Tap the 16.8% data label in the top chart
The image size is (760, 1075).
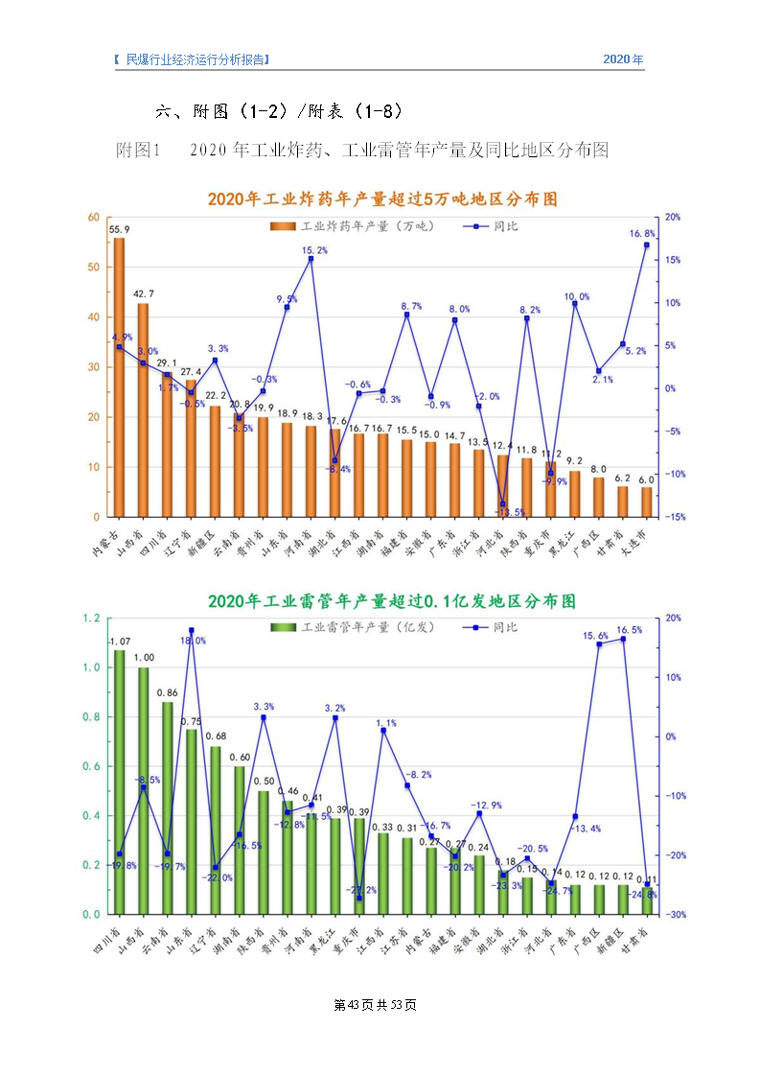(642, 233)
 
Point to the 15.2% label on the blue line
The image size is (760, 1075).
(315, 250)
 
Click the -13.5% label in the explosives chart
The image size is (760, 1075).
(513, 512)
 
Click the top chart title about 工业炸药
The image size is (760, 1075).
(382, 199)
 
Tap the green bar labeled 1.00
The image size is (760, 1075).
(144, 790)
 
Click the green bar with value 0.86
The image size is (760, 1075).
(168, 807)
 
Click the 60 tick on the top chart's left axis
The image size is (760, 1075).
(94, 217)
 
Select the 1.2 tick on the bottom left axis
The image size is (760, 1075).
(91, 619)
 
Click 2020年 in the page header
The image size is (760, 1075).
(623, 59)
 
